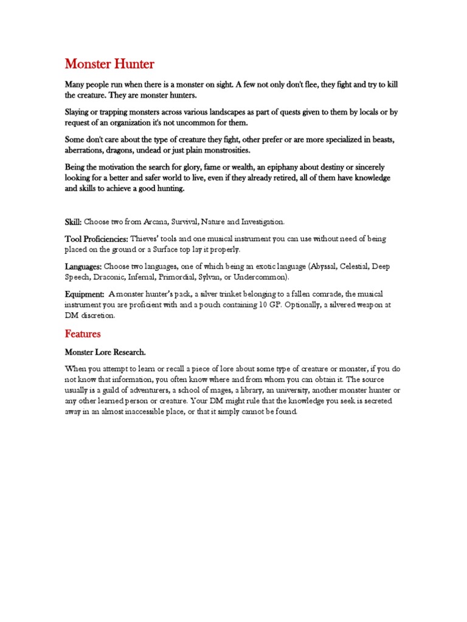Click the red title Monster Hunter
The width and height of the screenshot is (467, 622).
pos(109,64)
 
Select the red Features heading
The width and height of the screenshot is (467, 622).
pos(83,334)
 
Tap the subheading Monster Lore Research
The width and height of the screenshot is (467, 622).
pos(105,352)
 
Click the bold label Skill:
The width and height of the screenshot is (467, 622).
pos(73,222)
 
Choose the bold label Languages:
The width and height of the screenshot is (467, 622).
pos(83,266)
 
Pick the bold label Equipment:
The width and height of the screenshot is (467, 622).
pos(85,293)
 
